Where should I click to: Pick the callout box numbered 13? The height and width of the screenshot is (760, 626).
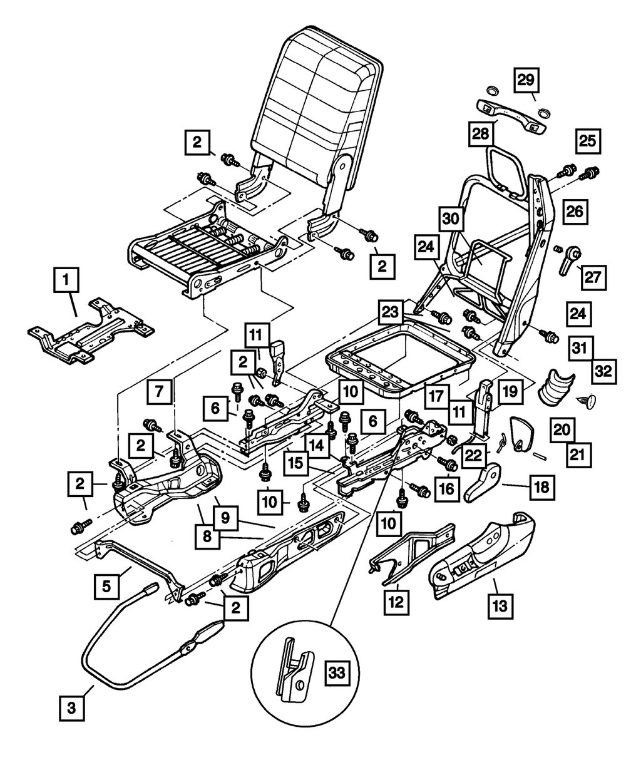point(502,605)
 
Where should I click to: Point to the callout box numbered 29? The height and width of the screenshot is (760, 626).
point(527,80)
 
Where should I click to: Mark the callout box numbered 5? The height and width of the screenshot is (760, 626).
point(107,587)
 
